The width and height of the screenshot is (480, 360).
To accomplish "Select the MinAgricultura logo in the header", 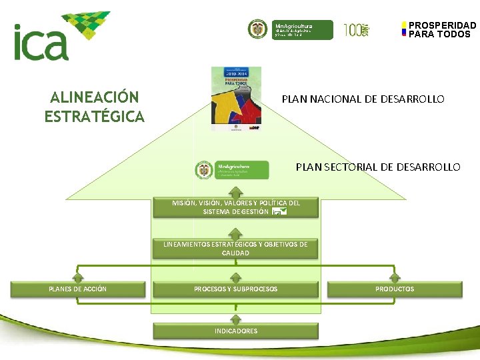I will coord(290,29).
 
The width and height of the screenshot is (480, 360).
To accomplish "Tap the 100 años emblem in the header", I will coord(356,29).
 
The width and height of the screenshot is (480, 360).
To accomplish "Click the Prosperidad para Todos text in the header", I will coord(442,30).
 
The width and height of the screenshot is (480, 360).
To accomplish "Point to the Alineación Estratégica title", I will coord(94,107).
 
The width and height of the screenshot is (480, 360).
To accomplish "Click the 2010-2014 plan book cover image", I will coord(236,98).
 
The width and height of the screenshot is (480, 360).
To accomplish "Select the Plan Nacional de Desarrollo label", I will coord(363,99).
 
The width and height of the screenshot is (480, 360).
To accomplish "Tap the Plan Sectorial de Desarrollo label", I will coord(378,167).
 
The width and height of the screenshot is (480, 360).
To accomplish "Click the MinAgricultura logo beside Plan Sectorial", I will coord(232,170).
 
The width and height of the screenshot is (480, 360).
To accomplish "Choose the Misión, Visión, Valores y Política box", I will coord(235,207).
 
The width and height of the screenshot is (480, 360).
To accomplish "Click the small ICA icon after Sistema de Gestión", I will coord(279,212).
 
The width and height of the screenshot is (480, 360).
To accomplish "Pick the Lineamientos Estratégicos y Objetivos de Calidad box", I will coord(235,249).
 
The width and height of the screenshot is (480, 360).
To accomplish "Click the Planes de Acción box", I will coord(78,289).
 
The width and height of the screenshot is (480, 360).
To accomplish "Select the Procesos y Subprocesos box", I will coord(235,289).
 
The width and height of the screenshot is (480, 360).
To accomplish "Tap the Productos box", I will coord(395,289).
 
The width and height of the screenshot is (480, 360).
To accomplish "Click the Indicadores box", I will coord(235,331).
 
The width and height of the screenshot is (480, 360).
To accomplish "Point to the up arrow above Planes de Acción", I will coord(78,277).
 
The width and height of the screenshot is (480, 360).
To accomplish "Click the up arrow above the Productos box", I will coord(395,277).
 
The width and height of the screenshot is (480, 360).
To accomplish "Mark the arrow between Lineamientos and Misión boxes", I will coord(235,233).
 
